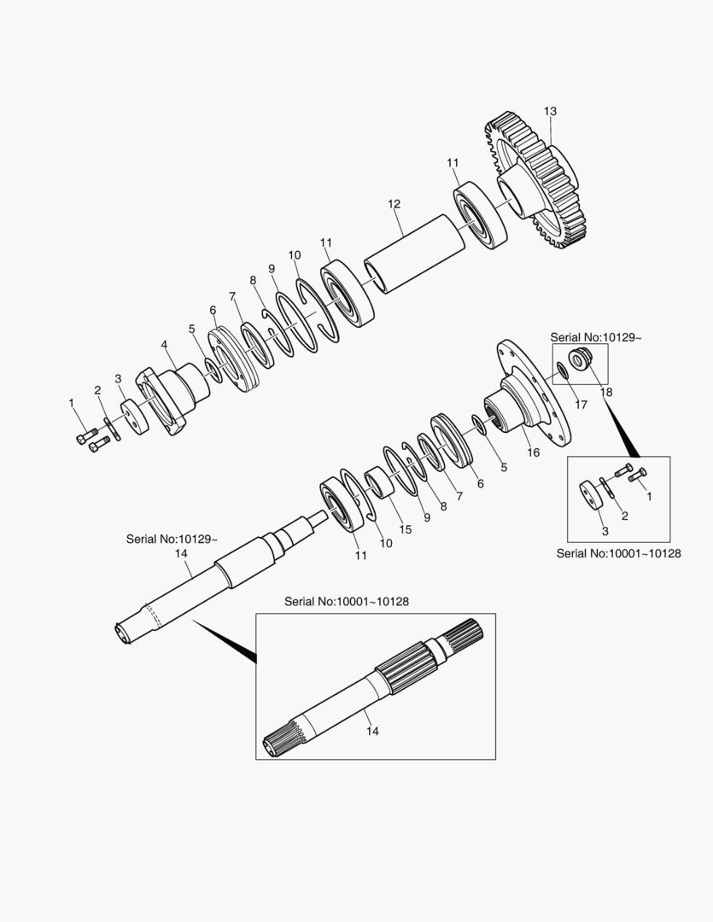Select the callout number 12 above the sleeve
pos(394,204)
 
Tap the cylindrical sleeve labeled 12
pos(415,254)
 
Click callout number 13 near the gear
pos(550,111)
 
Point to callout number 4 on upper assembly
pos(165,345)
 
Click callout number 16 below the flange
pos(533,452)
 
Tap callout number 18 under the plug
pos(606,392)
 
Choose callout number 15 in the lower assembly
pos(406,529)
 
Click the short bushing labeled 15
pos(379,482)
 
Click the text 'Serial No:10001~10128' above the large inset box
pos(347,602)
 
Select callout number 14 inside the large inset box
pos(372,731)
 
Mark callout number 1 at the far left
pos(72,403)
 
